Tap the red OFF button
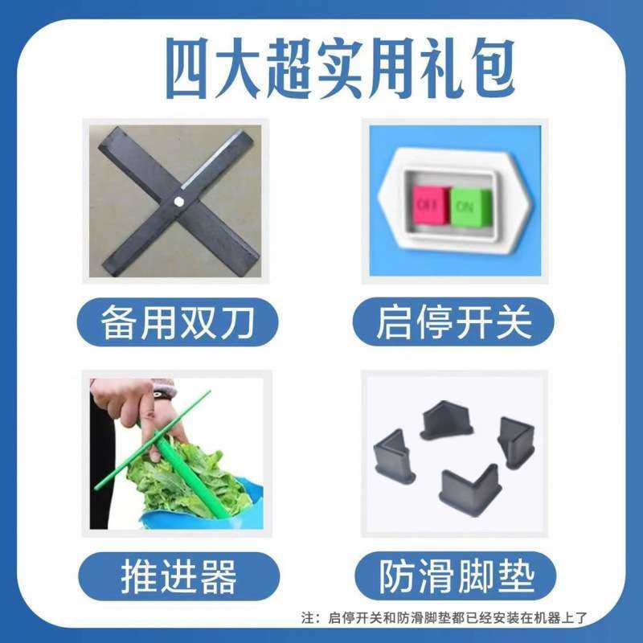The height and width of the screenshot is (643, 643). tap(427, 204)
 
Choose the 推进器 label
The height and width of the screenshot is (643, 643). tap(178, 576)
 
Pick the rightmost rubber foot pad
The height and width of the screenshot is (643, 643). tap(516, 441)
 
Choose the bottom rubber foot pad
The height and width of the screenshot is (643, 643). tap(469, 491)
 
